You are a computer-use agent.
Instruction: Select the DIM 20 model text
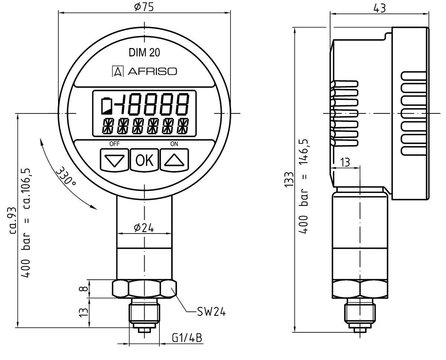(145, 53)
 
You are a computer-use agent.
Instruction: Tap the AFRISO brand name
(152, 71)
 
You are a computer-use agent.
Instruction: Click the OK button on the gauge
(144, 160)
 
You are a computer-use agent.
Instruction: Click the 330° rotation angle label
(66, 176)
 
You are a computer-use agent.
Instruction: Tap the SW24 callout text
(211, 312)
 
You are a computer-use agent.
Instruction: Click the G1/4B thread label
(187, 338)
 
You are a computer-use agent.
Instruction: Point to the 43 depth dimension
(379, 8)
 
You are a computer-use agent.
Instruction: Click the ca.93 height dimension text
(14, 220)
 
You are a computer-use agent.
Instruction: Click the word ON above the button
(174, 144)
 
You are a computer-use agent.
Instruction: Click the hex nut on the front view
(144, 289)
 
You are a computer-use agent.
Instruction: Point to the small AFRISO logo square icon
(118, 71)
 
